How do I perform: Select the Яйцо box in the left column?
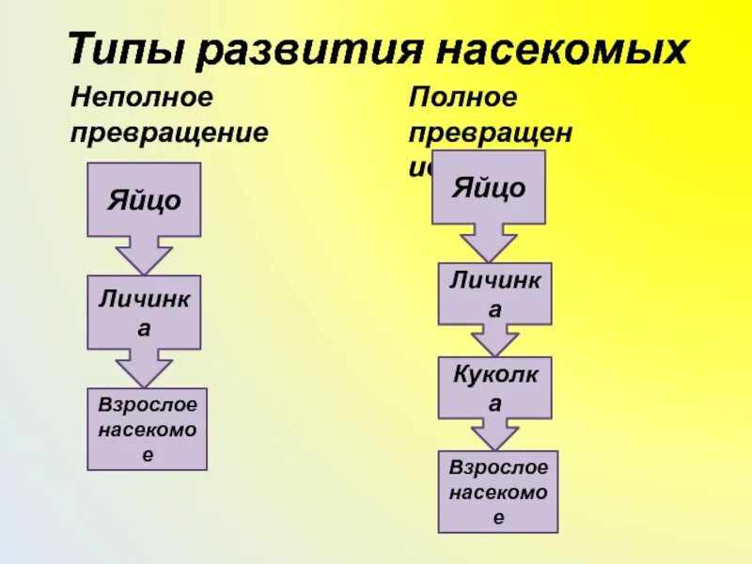(144, 199)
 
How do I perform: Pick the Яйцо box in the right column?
(488, 187)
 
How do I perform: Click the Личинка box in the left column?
(144, 312)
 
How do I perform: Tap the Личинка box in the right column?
(494, 293)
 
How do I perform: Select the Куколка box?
(494, 387)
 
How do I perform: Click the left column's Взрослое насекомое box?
(147, 429)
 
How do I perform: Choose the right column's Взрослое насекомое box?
(498, 491)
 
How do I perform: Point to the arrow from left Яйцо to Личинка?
(144, 254)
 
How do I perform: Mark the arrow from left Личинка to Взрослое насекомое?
(144, 368)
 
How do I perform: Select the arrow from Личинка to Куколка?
(494, 339)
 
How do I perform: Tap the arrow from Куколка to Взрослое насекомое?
(494, 433)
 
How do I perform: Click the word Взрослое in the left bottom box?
(148, 404)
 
